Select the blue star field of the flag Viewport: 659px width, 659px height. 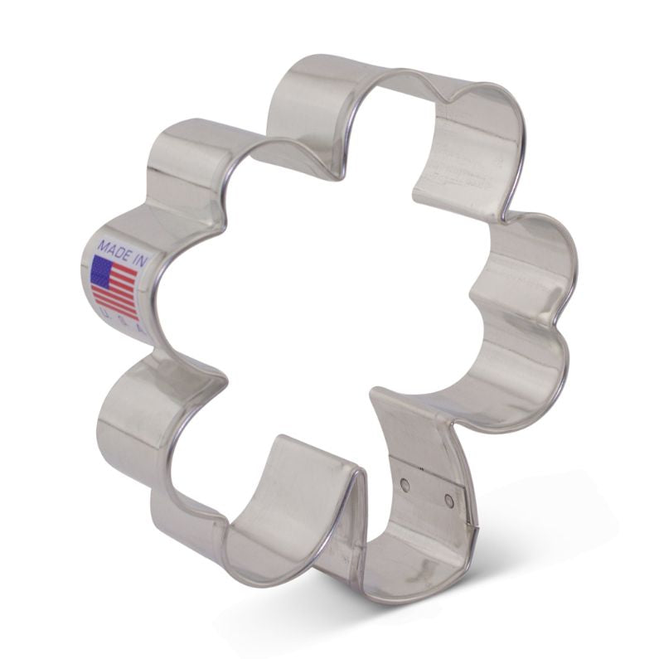coord(101,270)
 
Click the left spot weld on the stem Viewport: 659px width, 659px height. coord(405,483)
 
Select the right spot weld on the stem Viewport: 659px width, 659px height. coord(448,501)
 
